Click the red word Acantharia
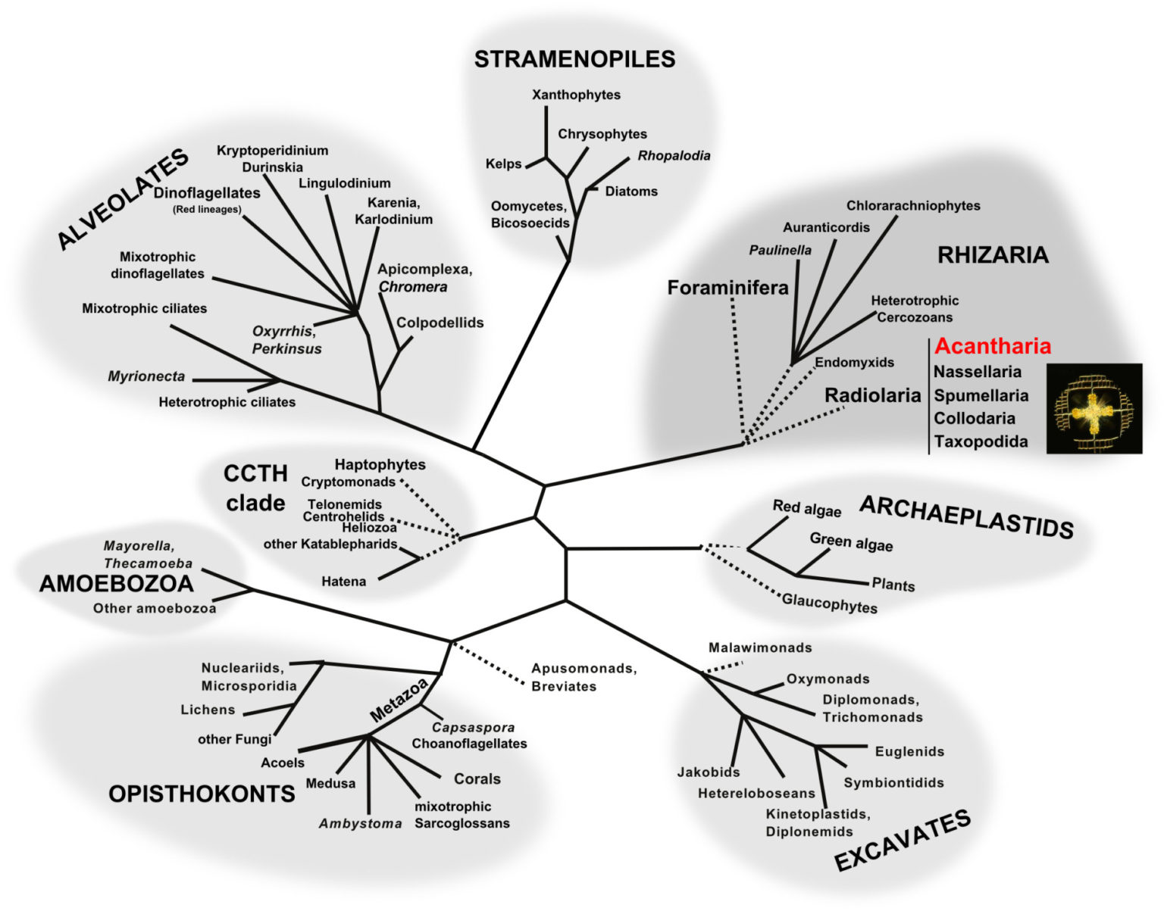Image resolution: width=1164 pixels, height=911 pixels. pyautogui.click(x=992, y=346)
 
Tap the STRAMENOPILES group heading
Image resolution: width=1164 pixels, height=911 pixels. pyautogui.click(x=574, y=59)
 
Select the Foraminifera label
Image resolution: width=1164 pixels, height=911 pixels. pyautogui.click(x=727, y=288)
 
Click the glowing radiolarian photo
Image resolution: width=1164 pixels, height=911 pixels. pyautogui.click(x=1094, y=408)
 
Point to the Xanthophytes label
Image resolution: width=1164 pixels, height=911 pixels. pyautogui.click(x=576, y=95)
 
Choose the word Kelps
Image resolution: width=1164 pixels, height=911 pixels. pyautogui.click(x=503, y=164)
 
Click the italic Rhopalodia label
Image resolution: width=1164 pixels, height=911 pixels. pyautogui.click(x=674, y=155)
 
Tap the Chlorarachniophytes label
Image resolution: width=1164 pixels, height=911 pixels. pyautogui.click(x=912, y=205)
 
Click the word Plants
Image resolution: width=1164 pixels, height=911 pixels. pyautogui.click(x=893, y=585)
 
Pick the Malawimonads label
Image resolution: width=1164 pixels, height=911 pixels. pyautogui.click(x=759, y=647)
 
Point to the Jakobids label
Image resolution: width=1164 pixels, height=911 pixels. pyautogui.click(x=708, y=772)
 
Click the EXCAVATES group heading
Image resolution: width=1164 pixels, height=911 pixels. pyautogui.click(x=902, y=840)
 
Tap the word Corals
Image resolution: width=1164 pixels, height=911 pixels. pyautogui.click(x=477, y=778)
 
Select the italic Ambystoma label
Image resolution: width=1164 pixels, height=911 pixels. pyautogui.click(x=360, y=823)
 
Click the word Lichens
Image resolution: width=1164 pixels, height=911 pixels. pyautogui.click(x=208, y=710)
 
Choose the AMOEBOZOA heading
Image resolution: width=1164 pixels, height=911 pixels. pyautogui.click(x=116, y=583)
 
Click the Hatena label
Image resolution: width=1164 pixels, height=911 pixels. pyautogui.click(x=343, y=581)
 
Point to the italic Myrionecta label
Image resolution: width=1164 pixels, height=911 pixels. pyautogui.click(x=146, y=376)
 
